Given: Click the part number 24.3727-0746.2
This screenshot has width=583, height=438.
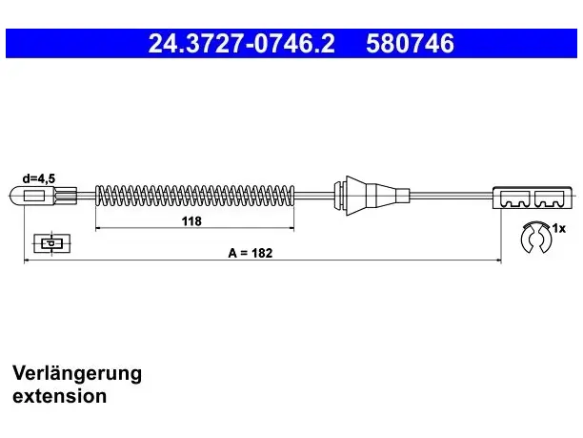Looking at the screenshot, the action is [x=242, y=43].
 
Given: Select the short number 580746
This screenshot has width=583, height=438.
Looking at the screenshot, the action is [x=411, y=43].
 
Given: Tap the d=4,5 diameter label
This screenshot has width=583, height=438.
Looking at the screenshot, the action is [x=39, y=178].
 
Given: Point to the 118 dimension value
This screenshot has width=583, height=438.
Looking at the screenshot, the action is [x=191, y=221].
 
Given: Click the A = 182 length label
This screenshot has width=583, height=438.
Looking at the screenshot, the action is [x=251, y=253].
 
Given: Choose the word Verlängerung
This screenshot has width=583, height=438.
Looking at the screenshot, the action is [x=77, y=373].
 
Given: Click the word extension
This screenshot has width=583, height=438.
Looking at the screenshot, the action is [x=59, y=396].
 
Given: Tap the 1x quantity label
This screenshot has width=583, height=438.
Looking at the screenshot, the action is [x=559, y=228].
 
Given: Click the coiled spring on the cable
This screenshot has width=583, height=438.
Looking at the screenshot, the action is [x=195, y=196].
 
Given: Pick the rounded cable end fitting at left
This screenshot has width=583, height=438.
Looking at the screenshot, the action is [x=33, y=196].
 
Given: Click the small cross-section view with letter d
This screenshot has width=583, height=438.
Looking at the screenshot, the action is [x=51, y=243].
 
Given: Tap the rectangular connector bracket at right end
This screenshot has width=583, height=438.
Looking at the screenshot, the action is [x=533, y=198].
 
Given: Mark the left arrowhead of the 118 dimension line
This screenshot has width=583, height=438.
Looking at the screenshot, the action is [x=98, y=228].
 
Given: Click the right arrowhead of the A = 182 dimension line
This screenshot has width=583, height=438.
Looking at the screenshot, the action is [x=498, y=261].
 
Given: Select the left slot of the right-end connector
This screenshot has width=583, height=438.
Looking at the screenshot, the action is [x=515, y=199].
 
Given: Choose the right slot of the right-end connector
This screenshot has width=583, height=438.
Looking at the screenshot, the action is [x=549, y=199].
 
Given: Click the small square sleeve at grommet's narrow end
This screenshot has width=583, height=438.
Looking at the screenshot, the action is [x=403, y=196].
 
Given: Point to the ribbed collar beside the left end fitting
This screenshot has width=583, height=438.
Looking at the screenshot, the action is [x=67, y=196].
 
